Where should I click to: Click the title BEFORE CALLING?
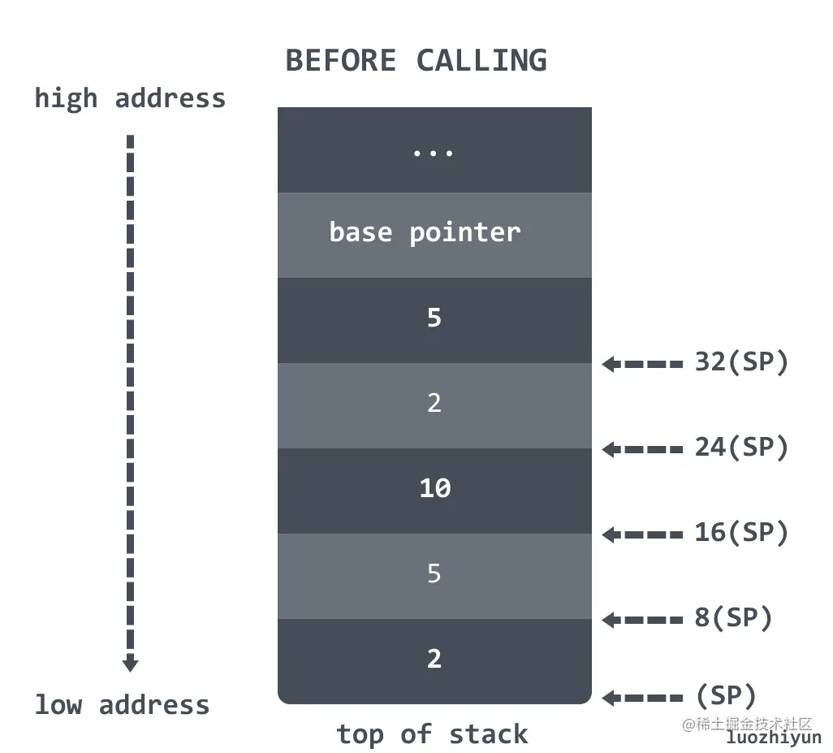point(416,61)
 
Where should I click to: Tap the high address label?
point(130,98)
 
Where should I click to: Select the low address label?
point(122,704)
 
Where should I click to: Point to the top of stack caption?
point(432,734)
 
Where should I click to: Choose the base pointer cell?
point(425,232)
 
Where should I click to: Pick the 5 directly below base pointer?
point(434,318)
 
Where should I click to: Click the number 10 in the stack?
point(434,488)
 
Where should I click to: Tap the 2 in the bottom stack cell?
point(434,659)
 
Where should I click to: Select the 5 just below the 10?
point(434,573)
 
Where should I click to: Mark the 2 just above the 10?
point(434,403)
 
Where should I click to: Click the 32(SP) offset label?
point(741,362)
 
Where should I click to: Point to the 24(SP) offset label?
point(741,448)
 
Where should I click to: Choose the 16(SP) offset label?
point(741,533)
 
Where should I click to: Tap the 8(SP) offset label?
point(733,618)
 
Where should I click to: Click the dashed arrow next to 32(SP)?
point(642,365)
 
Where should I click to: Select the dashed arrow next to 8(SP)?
point(642,621)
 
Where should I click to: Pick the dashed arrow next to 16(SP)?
point(642,534)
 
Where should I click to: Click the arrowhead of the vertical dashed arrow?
point(130,664)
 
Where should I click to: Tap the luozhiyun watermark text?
point(773,738)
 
